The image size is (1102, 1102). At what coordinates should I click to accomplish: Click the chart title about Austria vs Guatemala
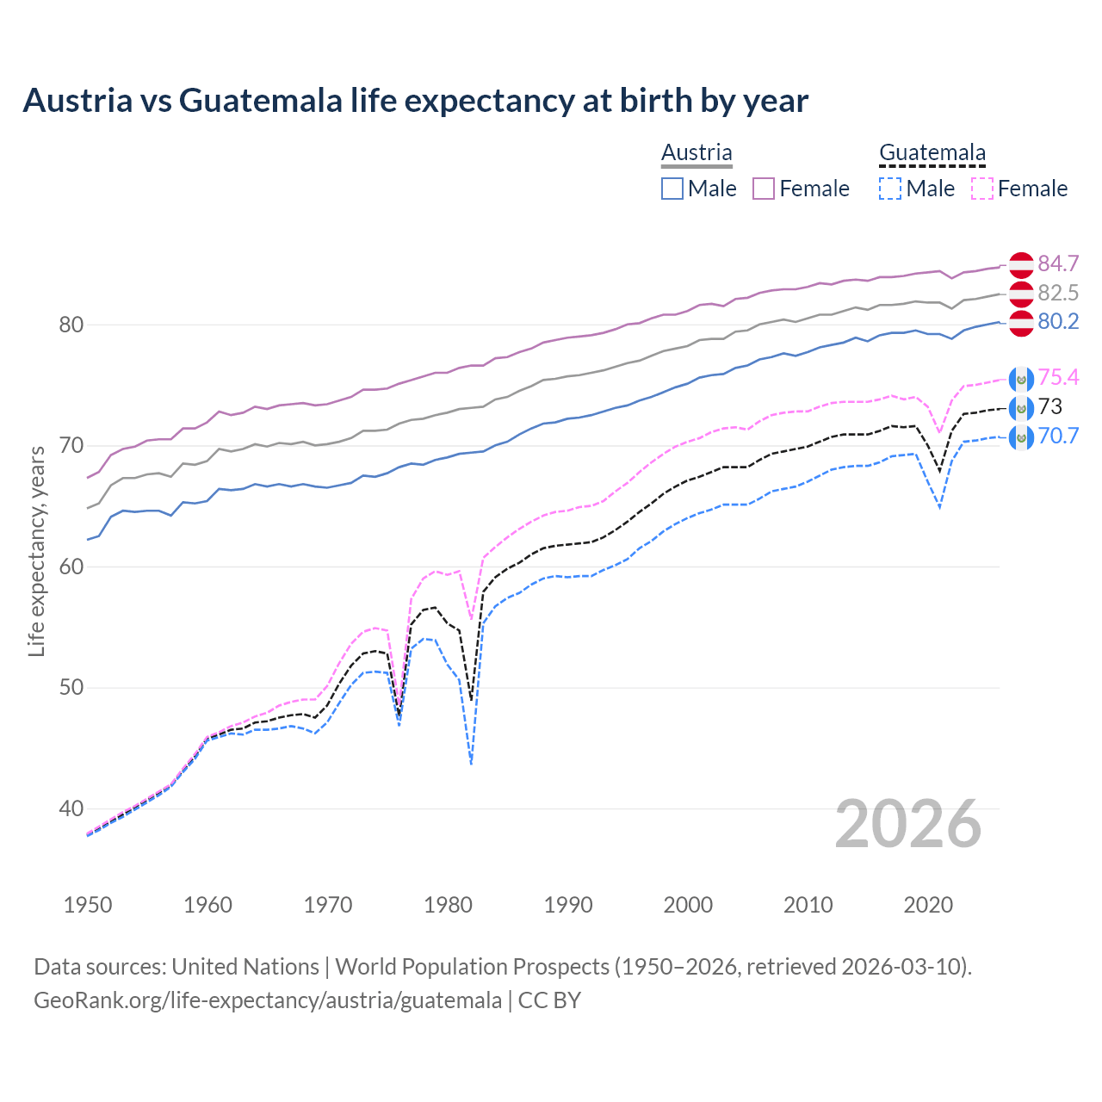415,101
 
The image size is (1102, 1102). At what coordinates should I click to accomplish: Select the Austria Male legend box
672,189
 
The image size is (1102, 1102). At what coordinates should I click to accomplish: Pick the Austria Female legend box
765,189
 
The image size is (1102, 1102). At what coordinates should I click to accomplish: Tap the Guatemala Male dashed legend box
890,189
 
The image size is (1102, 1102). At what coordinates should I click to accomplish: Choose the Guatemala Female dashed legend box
982,189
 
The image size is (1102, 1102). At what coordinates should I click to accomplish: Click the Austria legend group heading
696,152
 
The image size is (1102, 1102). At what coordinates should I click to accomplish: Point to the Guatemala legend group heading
932,152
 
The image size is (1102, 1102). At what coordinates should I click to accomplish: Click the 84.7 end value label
1058,263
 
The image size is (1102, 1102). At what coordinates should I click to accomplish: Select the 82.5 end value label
1058,293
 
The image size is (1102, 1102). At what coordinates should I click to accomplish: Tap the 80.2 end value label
1058,321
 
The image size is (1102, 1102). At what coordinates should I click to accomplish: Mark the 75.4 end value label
1058,377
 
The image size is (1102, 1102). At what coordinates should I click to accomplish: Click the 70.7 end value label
1058,436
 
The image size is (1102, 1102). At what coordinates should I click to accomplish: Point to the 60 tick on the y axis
71,566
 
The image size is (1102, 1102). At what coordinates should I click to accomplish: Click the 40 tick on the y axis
71,808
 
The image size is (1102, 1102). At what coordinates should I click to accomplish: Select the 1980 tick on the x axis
448,905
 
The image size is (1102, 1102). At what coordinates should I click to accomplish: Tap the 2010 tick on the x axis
808,905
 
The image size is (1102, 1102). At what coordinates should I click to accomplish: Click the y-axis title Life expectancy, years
36,551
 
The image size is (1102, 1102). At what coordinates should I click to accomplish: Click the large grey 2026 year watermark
908,824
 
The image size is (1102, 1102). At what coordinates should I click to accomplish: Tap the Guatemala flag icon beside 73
1021,407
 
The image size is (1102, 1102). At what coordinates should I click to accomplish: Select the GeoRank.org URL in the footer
268,1000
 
